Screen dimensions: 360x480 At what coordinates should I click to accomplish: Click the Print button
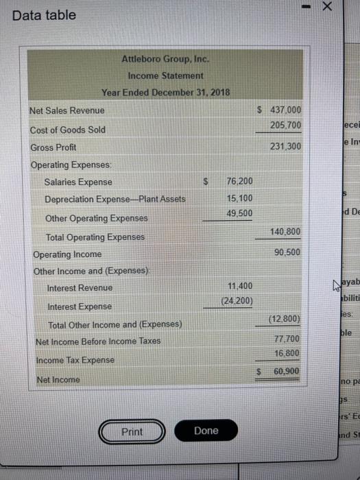pos(132,431)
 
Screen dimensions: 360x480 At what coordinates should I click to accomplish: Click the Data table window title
pos(45,14)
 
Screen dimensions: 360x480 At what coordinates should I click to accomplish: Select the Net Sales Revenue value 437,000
pos(277,110)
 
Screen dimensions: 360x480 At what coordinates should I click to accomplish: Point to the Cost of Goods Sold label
pos(68,130)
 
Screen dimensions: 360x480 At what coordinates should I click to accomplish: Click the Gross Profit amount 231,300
pos(277,147)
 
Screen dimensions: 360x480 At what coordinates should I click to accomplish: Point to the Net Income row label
pos(55,379)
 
